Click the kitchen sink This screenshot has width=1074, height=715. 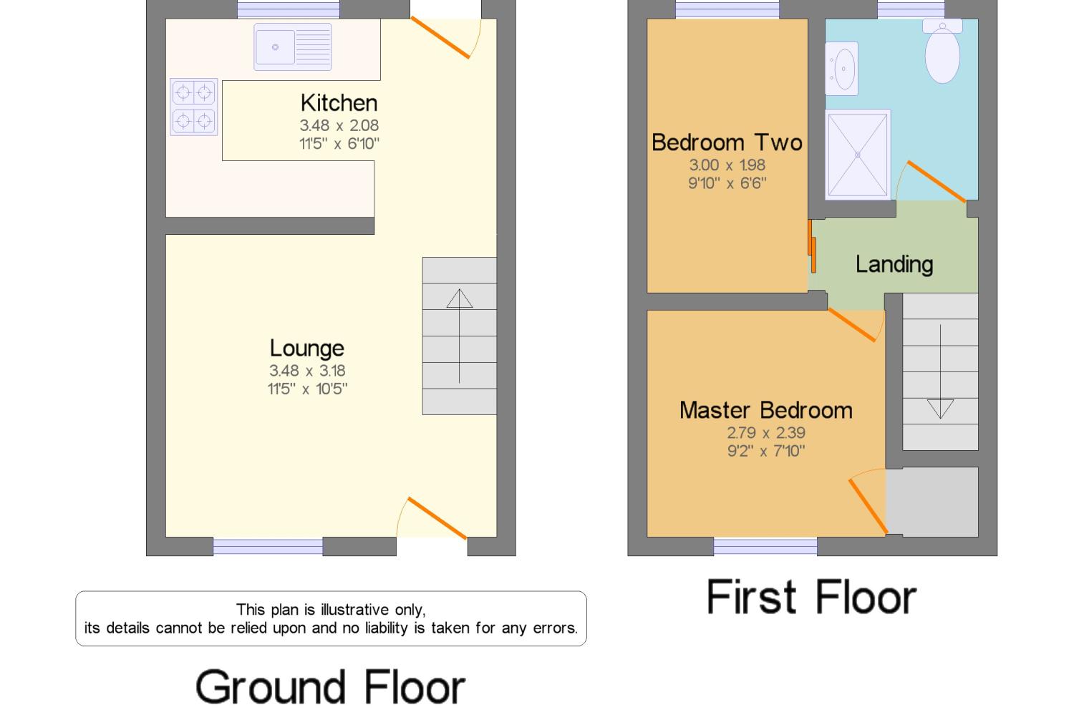pyautogui.click(x=292, y=47)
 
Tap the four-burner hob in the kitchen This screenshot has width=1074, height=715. pyautogui.click(x=194, y=107)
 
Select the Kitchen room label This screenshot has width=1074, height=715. pyautogui.click(x=339, y=103)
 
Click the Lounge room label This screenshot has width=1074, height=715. pyautogui.click(x=307, y=349)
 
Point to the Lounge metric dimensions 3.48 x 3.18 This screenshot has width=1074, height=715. pyautogui.click(x=307, y=371)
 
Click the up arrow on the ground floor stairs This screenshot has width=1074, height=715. pyautogui.click(x=460, y=336)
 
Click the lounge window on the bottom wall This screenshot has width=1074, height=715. pyautogui.click(x=268, y=546)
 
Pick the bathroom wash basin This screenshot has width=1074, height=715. pyautogui.click(x=841, y=69)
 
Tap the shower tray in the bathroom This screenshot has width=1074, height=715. pyautogui.click(x=858, y=155)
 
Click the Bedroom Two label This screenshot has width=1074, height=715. pyautogui.click(x=727, y=142)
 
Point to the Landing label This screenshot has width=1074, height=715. pyautogui.click(x=894, y=265)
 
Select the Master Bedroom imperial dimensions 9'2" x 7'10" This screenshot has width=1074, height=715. pyautogui.click(x=766, y=451)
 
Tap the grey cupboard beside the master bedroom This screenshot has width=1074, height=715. pyautogui.click(x=932, y=502)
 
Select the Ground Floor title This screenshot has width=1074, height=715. pyautogui.click(x=330, y=687)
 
